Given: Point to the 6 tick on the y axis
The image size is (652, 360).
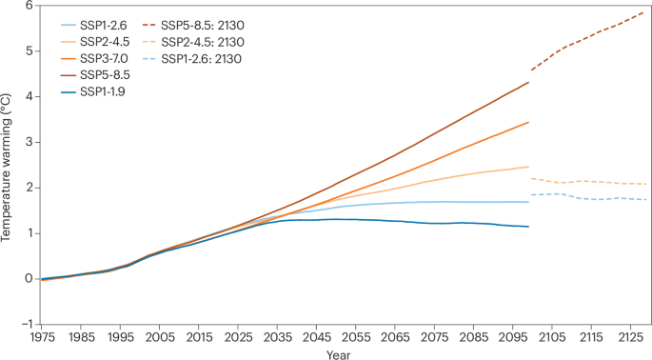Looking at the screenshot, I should click(x=28, y=6).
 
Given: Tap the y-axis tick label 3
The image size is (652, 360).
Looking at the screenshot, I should click(x=28, y=142).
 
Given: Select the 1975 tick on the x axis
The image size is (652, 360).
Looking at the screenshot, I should click(x=41, y=338).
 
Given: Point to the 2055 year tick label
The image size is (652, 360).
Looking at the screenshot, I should click(x=353, y=338).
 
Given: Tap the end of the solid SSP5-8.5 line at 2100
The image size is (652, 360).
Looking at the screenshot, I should click(x=529, y=82).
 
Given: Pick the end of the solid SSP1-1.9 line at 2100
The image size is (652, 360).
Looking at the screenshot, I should click(x=529, y=227).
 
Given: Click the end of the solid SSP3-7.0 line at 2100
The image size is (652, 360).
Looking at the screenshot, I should click(x=529, y=122).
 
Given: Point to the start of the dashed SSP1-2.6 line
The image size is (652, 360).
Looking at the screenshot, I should click(x=531, y=195).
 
